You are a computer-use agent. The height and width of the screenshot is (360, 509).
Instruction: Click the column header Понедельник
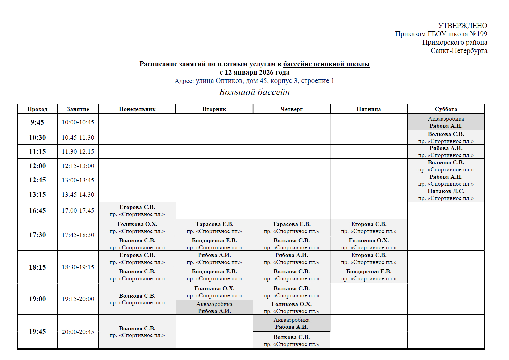point(137,109)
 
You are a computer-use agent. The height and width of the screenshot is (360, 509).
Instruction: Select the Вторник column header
point(214,109)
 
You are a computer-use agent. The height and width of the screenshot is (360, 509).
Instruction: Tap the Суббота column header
point(446,109)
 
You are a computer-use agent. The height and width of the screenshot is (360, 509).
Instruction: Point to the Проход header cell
point(37,109)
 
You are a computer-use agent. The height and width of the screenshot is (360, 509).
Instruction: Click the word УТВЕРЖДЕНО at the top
point(462,26)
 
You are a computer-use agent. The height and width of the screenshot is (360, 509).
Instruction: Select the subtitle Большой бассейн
point(254,92)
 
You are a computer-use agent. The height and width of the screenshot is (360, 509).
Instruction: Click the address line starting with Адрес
point(254,81)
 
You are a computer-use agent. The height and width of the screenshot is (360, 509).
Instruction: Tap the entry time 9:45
point(37,122)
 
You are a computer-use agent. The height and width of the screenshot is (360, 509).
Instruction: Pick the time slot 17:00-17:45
point(78,210)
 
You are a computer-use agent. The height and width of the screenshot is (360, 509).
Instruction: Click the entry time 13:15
point(37,194)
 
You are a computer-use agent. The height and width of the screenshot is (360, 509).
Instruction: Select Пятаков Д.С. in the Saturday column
point(446,191)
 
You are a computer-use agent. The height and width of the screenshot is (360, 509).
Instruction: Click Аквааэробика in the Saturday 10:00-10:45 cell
point(446,119)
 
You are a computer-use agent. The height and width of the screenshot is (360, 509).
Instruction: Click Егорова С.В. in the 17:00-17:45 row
point(137,207)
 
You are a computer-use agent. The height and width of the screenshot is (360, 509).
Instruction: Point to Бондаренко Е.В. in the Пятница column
point(369,272)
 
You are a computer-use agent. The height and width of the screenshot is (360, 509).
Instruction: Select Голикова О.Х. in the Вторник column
point(214,289)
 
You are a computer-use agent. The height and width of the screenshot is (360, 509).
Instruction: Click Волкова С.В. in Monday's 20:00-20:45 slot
point(137,329)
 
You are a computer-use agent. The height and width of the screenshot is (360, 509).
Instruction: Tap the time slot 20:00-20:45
point(78,332)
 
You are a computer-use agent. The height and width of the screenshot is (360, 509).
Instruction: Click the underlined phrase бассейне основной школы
point(326,64)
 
